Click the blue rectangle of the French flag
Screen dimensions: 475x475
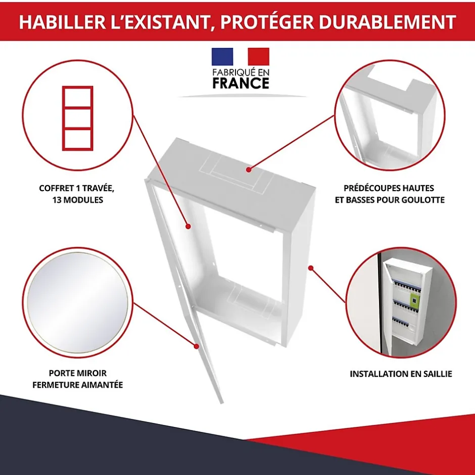click(222, 57)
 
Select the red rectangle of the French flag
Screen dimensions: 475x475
click(258, 57)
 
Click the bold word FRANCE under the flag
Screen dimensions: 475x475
click(241, 83)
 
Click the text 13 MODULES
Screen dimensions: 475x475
click(77, 200)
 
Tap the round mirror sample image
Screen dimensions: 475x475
click(77, 303)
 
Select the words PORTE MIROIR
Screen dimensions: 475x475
click(78, 373)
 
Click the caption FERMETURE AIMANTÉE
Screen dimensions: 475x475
click(78, 385)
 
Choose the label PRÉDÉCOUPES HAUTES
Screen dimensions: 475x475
click(389, 188)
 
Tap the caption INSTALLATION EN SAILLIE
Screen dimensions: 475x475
click(401, 374)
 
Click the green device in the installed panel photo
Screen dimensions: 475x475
click(414, 301)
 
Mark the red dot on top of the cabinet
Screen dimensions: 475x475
click(249, 170)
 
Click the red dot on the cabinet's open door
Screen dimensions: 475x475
click(197, 346)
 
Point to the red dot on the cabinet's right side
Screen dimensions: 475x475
click(311, 268)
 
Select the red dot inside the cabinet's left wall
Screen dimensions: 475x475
click(188, 226)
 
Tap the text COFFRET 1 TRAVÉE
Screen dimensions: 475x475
click(77, 188)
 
